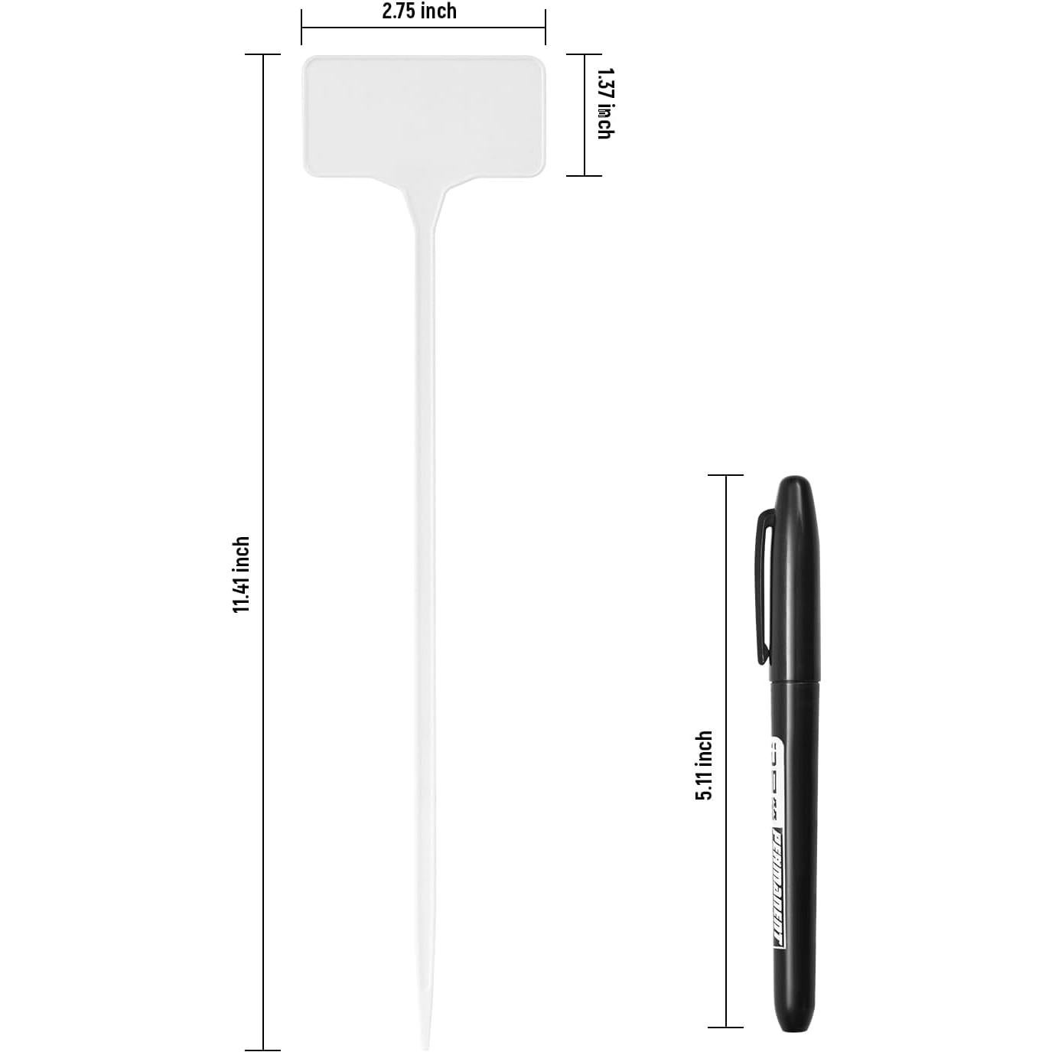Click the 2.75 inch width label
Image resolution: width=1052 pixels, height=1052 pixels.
(x=419, y=11)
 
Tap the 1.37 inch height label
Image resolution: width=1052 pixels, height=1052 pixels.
(x=604, y=103)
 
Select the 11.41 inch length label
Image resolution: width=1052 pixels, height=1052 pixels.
(x=242, y=575)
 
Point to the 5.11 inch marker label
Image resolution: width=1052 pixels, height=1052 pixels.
(x=704, y=765)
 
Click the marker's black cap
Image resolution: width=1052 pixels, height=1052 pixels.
(x=793, y=581)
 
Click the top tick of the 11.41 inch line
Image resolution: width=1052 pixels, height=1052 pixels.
(x=263, y=55)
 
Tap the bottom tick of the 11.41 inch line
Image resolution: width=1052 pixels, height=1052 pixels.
(x=263, y=1050)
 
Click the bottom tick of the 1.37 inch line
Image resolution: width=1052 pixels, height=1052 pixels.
(x=585, y=175)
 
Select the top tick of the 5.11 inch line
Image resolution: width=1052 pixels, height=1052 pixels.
(x=725, y=475)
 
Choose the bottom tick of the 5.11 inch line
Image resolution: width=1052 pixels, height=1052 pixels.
(x=725, y=1027)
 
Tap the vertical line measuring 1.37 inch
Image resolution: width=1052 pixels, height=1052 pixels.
(x=585, y=115)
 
